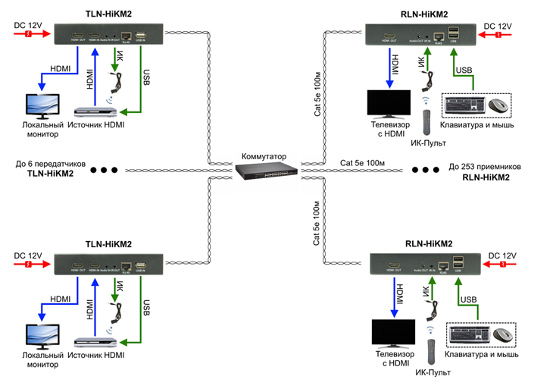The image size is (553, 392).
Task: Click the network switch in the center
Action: click(266, 172)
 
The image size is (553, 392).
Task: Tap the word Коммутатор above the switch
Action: click(264, 156)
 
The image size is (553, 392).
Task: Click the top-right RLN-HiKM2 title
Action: click(423, 14)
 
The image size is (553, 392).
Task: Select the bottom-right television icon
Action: click(393, 334)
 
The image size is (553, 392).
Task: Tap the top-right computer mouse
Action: click(497, 106)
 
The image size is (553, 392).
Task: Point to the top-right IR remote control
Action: click(426, 120)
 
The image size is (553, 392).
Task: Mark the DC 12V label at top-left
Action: click(29, 26)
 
